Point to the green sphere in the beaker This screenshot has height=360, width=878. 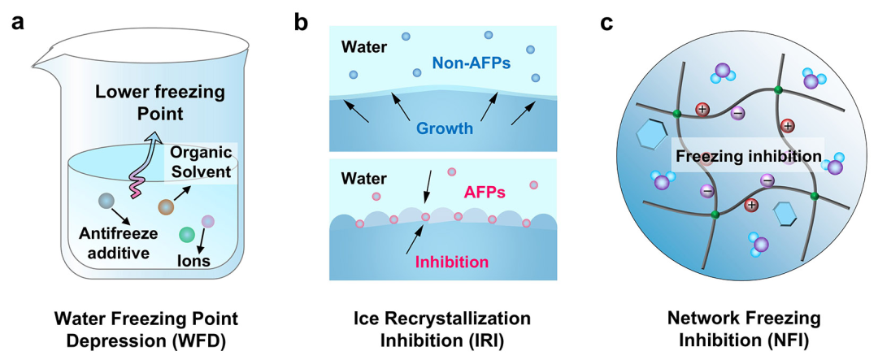point(187,234)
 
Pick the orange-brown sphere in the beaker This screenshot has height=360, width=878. point(167,207)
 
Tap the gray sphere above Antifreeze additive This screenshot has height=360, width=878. point(105,201)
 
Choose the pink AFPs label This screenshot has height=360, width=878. point(485,193)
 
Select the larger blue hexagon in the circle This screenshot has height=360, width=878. point(653,137)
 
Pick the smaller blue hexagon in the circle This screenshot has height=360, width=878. point(785,214)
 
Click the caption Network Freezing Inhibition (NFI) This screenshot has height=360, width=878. point(744,329)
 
